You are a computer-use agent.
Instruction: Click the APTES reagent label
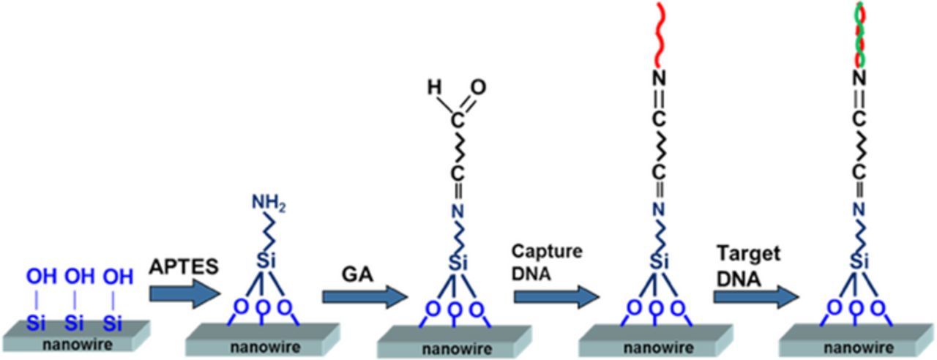click(183, 266)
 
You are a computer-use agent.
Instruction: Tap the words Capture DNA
click(548, 260)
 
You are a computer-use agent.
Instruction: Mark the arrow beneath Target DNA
click(755, 296)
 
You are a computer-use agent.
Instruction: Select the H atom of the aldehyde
click(434, 88)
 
